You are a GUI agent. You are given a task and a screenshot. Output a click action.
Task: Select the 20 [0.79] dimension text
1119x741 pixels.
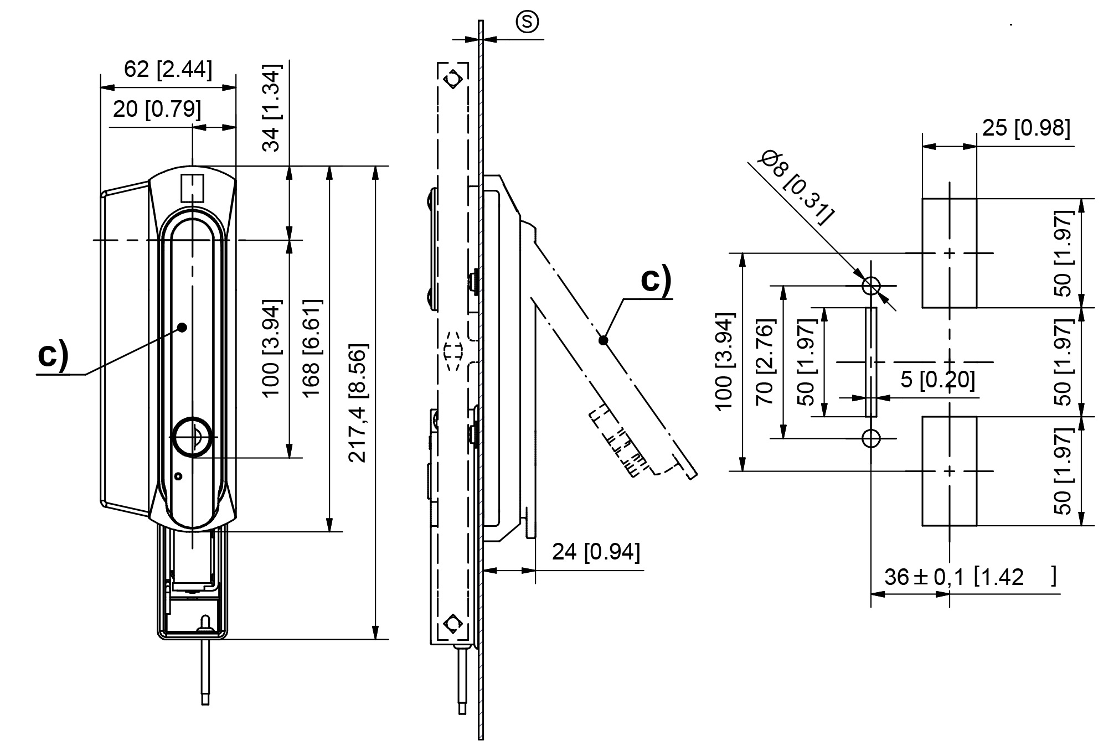(157, 110)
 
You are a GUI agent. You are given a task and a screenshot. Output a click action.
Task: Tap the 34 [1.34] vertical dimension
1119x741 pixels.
(272, 108)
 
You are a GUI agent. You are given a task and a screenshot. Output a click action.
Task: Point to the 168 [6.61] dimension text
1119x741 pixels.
(312, 348)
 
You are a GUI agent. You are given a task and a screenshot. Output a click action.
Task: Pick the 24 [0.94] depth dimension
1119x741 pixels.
(596, 552)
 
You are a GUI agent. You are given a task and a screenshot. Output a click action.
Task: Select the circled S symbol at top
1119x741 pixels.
(527, 22)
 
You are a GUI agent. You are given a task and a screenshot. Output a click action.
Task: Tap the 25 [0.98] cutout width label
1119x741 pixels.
(1026, 128)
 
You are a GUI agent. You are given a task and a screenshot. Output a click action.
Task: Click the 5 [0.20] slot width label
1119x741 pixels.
(937, 380)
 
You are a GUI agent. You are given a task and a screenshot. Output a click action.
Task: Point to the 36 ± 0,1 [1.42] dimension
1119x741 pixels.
(970, 577)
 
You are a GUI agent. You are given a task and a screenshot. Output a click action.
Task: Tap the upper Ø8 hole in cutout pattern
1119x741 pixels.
(871, 286)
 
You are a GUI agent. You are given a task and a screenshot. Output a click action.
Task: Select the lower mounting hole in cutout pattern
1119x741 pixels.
(871, 438)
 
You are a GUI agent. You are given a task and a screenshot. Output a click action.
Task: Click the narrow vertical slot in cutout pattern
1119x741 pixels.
(871, 362)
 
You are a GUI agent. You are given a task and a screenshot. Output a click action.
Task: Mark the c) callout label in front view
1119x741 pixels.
(53, 355)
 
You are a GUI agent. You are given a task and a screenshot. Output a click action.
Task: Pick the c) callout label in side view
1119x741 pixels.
(656, 279)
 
